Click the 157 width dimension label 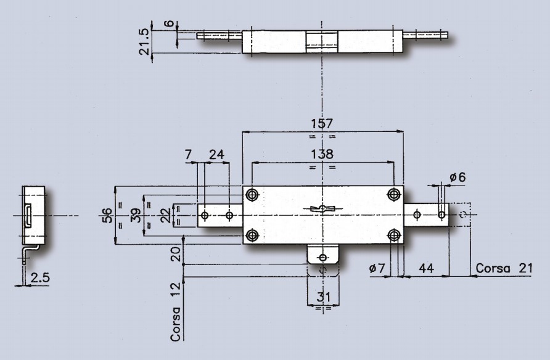(x=322, y=123)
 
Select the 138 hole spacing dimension (x=322, y=154)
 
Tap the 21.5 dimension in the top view (x=145, y=42)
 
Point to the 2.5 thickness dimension (x=40, y=277)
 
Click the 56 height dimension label (x=107, y=215)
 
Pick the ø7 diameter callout (x=377, y=269)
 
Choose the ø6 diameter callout (x=458, y=177)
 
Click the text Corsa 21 (x=504, y=268)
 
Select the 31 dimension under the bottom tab (x=323, y=297)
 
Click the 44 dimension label (x=426, y=268)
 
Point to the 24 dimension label (x=216, y=154)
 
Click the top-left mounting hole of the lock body (x=252, y=194)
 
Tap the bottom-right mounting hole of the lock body (x=394, y=235)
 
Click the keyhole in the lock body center (x=322, y=209)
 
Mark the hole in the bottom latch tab (x=322, y=258)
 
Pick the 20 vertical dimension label (x=176, y=254)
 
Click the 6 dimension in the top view (x=170, y=23)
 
